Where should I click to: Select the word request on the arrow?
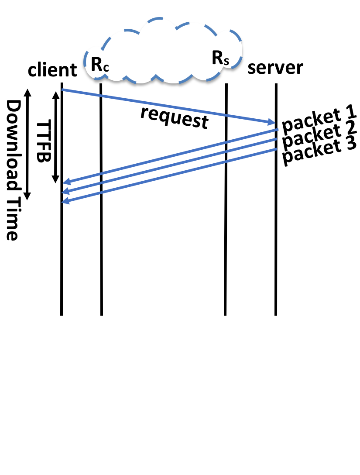pos(175,117)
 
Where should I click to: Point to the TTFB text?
pos(42,142)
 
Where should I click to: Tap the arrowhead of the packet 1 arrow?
pos(66,182)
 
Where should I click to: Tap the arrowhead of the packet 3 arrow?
pos(65,201)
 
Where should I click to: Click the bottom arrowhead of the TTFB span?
pos(56,180)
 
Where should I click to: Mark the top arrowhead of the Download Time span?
pos(27,92)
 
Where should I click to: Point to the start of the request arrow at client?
pos(62,89)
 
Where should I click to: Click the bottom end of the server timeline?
pos(276,313)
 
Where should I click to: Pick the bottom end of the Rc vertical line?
pos(101,313)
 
